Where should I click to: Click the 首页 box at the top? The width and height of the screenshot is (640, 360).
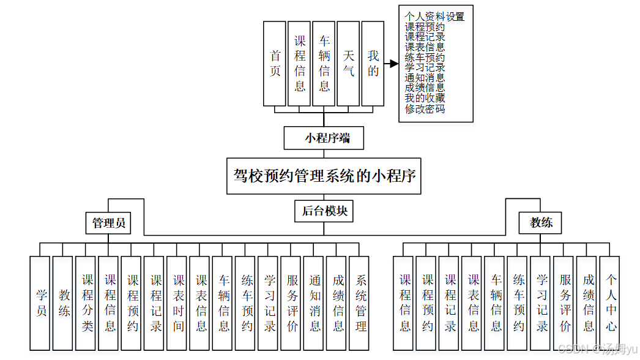coord(275,64)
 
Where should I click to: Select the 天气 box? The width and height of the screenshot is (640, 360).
coord(348,64)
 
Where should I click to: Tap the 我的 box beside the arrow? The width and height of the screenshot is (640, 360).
coord(373,64)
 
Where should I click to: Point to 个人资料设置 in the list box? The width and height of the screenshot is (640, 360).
coord(434,17)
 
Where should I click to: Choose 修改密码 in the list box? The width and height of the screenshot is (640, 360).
coord(425,109)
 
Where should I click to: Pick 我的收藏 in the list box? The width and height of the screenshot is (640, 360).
coord(425,99)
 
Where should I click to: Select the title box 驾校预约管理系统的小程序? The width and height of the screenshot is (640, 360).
coord(324,176)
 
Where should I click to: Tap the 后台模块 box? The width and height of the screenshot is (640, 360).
coord(324,211)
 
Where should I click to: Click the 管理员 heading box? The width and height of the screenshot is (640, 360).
coord(109,223)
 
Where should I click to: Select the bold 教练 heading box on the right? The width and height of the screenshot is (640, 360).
coord(541,223)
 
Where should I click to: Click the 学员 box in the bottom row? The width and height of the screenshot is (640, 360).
coord(40,303)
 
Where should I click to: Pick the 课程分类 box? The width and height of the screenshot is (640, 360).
coord(87,303)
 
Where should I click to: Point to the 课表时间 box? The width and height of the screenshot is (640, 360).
coord(178,303)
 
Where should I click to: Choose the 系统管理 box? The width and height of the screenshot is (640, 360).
coord(361,303)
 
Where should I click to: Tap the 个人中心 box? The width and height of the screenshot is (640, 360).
coord(611,303)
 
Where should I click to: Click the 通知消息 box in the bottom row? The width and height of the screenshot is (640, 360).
coord(315,303)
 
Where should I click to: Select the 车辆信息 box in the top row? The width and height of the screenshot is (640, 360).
coord(324,64)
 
